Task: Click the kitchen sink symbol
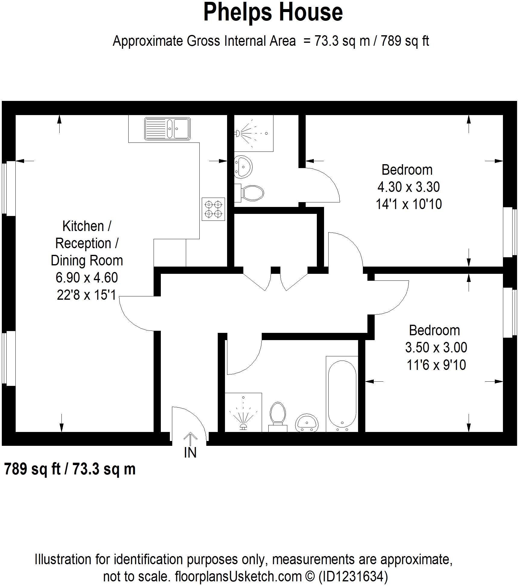pos(167,129)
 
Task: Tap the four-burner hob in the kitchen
pos(213,209)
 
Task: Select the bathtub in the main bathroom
pos(342,394)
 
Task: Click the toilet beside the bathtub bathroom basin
pos(278,416)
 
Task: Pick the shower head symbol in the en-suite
pos(238,133)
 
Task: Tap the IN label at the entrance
pos(190,452)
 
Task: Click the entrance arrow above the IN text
pos(190,439)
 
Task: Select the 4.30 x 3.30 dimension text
pos(408,187)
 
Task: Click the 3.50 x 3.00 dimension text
pos(436,348)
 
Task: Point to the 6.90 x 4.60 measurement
pos(86,277)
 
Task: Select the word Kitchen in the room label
pos(83,226)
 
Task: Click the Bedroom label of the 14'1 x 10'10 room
pos(407,170)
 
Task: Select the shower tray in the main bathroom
pos(243,412)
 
